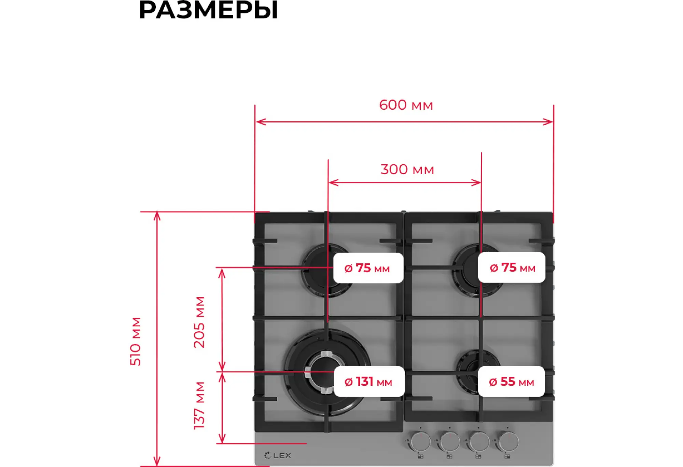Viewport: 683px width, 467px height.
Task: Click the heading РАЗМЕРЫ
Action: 208,10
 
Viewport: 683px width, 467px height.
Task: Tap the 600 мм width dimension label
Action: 406,105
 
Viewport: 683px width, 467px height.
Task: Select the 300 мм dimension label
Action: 407,170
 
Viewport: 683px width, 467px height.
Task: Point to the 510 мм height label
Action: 136,341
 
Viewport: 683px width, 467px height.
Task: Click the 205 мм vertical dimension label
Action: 199,322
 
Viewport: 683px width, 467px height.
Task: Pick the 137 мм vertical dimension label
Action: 199,406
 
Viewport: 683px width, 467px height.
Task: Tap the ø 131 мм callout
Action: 369,382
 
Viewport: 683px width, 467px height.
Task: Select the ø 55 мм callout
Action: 511,382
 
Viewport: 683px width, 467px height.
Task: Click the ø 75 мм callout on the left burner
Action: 368,268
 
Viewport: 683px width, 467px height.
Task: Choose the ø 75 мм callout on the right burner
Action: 512,267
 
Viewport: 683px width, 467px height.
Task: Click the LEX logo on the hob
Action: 278,455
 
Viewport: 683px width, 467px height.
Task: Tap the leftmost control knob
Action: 420,441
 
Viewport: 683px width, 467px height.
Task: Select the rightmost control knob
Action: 508,441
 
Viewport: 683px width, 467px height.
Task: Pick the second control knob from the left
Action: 450,441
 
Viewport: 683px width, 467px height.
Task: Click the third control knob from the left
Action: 479,441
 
